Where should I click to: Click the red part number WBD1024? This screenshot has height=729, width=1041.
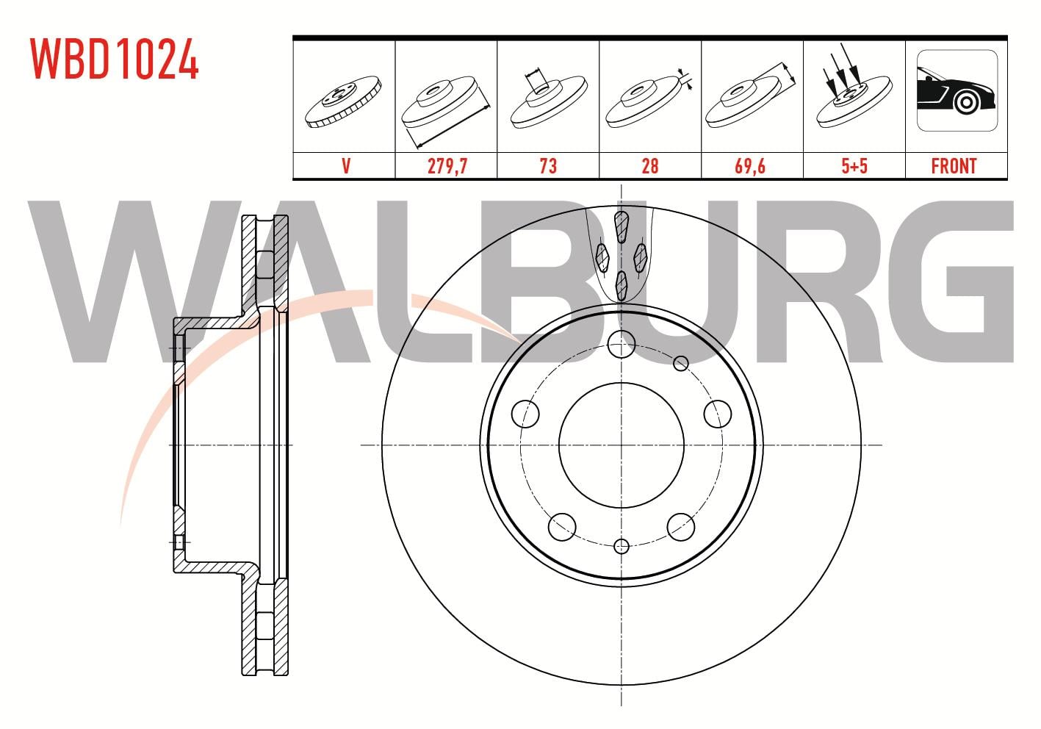[x=115, y=59]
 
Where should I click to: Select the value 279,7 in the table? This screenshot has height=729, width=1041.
[x=447, y=166]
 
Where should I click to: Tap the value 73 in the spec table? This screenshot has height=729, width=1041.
[x=548, y=166]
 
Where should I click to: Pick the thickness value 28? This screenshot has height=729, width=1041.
[x=649, y=166]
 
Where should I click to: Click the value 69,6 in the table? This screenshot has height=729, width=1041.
[x=750, y=166]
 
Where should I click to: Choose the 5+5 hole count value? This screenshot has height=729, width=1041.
[x=854, y=166]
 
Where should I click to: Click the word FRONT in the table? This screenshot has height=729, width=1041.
[x=954, y=166]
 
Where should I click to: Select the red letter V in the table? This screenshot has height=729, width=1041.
[x=346, y=166]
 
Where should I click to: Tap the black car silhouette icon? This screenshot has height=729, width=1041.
[x=956, y=91]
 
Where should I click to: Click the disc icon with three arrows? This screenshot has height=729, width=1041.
[x=854, y=88]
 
